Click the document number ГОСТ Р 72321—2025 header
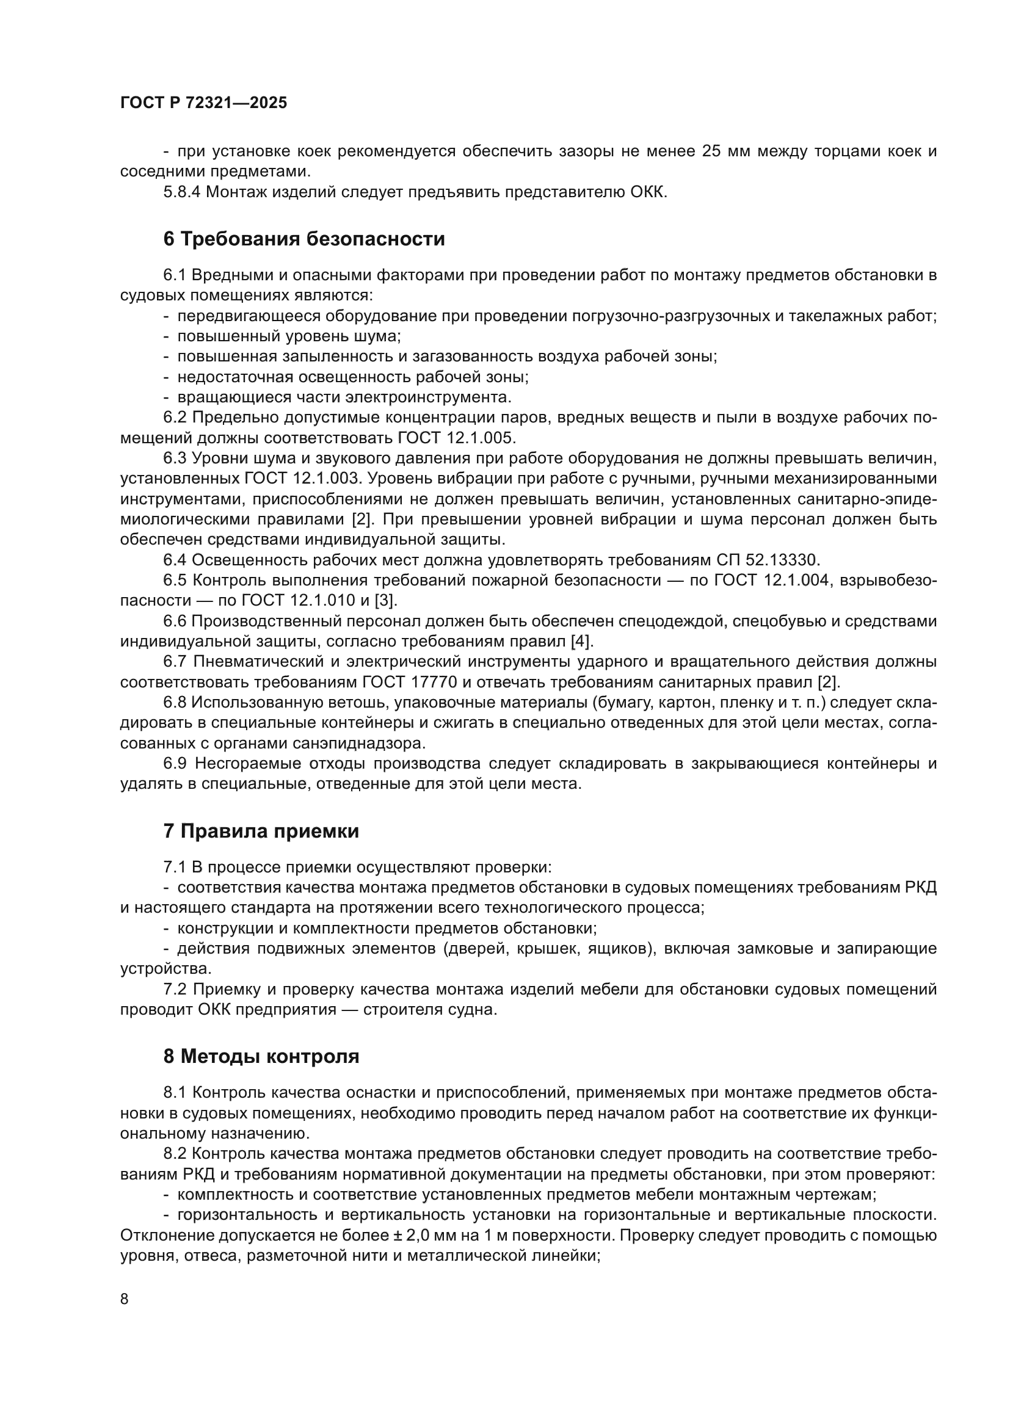tap(203, 103)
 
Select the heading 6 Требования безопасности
tap(303, 239)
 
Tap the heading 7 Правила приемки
tap(261, 831)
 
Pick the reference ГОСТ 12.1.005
tap(457, 438)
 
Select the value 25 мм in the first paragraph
tap(725, 151)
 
